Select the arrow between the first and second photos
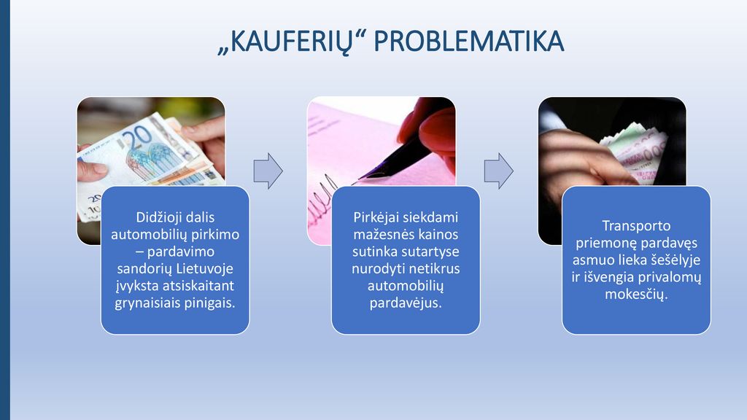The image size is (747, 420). (268, 171)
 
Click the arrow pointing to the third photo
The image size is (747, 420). (499, 171)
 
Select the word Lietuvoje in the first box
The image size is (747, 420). (204, 268)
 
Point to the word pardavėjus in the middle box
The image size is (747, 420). (406, 303)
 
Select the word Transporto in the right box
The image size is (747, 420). (636, 226)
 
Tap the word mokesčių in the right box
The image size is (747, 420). (636, 295)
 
